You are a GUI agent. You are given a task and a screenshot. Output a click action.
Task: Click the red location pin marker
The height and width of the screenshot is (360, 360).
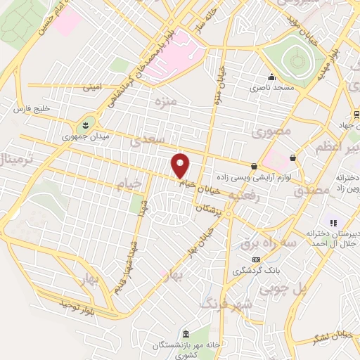point(181,165)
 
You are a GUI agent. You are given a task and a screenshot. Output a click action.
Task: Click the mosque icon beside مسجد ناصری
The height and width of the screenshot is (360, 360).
point(271,77)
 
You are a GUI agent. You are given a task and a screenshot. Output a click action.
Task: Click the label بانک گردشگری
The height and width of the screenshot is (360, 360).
point(256,271)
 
